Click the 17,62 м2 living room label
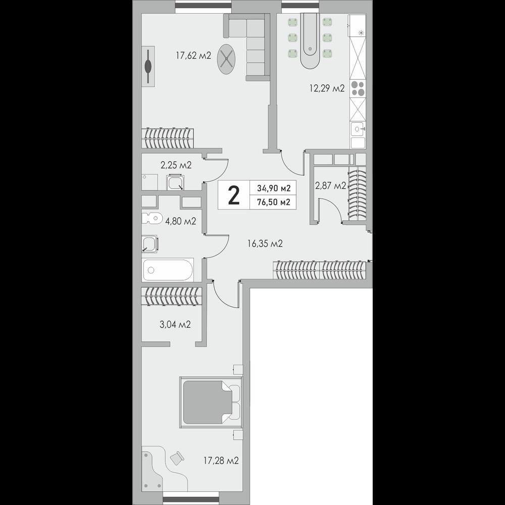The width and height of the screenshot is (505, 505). click(x=193, y=56)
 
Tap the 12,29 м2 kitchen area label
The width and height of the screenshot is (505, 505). click(x=327, y=88)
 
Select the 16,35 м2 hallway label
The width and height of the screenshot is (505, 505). click(x=265, y=243)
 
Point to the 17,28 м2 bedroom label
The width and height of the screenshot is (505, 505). click(x=221, y=461)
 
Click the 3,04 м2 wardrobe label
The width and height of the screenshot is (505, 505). click(x=175, y=324)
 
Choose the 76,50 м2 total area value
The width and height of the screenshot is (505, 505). click(x=274, y=202)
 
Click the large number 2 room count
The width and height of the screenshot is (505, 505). click(x=234, y=195)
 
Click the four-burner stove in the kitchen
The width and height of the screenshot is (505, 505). click(x=358, y=88)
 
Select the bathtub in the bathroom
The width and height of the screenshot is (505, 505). click(x=168, y=270)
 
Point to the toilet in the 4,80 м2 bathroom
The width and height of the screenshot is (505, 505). click(x=151, y=219)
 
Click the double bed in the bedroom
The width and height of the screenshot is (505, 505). click(x=211, y=402)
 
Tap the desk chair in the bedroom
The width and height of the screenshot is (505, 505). click(x=177, y=458)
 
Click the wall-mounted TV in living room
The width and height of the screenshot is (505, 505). click(x=148, y=66)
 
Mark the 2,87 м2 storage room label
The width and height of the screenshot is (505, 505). click(x=330, y=186)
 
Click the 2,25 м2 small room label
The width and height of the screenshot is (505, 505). click(x=176, y=165)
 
